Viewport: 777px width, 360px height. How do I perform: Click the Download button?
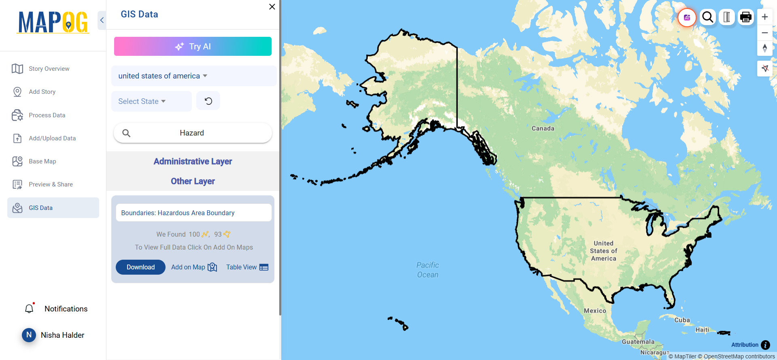(140, 267)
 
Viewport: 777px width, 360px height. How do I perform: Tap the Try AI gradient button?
(193, 47)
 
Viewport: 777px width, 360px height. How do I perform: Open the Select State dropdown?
(142, 102)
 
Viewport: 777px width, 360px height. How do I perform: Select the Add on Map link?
(194, 267)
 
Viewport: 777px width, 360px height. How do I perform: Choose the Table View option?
(247, 267)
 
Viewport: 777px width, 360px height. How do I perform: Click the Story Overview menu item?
(49, 69)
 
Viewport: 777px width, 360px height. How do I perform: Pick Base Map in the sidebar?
(42, 161)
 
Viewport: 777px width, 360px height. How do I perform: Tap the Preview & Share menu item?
(51, 184)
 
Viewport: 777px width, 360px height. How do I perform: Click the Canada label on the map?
(543, 129)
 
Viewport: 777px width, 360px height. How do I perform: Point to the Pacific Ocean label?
(428, 270)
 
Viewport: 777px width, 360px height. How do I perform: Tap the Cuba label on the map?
(682, 320)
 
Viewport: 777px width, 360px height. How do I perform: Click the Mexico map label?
(595, 311)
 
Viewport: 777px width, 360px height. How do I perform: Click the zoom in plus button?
(764, 17)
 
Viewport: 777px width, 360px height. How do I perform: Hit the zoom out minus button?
(764, 33)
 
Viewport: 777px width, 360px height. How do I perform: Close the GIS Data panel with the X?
(272, 7)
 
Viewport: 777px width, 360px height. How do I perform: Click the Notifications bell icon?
(29, 309)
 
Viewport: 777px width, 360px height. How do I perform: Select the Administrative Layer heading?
(193, 161)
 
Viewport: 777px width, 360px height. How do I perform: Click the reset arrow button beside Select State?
(208, 101)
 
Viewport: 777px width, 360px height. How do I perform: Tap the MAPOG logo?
(53, 22)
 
